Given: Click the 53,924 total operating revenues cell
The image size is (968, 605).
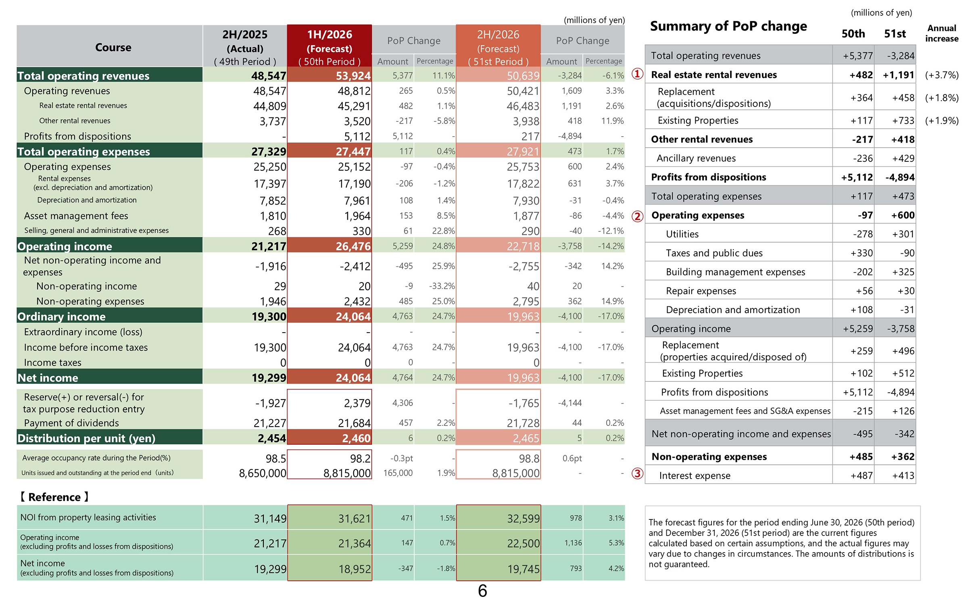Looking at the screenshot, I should (353, 76).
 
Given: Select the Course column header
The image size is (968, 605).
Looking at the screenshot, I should (113, 48).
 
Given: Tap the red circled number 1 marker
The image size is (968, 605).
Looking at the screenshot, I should (637, 74).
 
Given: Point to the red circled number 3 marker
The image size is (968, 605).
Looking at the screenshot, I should (637, 474).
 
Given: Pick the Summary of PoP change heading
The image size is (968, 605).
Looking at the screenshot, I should (728, 26).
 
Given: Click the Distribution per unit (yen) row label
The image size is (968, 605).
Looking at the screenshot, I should (86, 438).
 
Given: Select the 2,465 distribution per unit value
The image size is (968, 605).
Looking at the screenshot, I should (526, 438).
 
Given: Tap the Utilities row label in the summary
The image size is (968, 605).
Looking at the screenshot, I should (682, 234).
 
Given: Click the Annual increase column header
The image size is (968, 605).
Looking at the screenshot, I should (941, 33).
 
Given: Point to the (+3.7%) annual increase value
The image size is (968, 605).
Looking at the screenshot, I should (941, 75).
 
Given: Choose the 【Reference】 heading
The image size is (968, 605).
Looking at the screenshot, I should (54, 497).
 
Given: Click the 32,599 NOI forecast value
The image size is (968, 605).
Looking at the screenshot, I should (523, 519).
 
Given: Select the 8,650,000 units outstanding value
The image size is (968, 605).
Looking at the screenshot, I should (262, 473).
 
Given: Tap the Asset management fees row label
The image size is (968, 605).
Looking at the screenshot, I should (76, 216).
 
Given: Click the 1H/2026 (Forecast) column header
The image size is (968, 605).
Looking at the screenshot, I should (330, 45).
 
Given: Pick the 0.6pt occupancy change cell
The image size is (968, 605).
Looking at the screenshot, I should (572, 458).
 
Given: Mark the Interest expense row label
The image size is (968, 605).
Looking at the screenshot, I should (695, 476).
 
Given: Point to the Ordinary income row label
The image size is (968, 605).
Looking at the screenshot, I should (61, 317).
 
